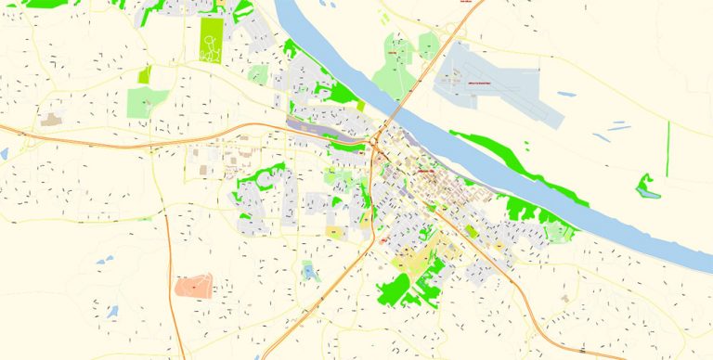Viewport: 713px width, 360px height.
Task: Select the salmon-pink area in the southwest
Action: click(193, 286)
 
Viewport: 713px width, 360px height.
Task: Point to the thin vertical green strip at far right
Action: click(668, 148)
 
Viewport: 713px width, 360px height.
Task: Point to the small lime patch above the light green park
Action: click(144, 74)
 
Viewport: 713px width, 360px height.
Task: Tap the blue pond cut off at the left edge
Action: click(3, 152)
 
